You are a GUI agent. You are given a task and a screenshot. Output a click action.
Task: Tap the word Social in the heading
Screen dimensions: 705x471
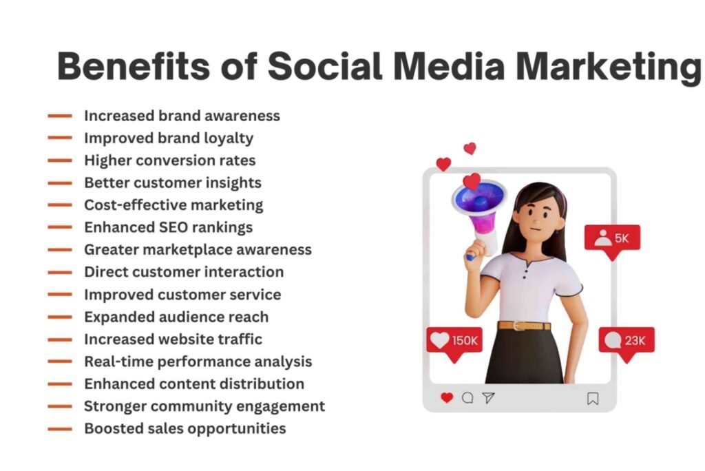coord(324,66)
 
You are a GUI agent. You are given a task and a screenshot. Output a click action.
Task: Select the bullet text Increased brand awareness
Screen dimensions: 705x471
coord(182,116)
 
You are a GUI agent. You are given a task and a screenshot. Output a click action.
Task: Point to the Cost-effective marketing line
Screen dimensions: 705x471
coord(173,205)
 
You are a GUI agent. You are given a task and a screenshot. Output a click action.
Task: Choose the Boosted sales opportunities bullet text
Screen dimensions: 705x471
coord(185,428)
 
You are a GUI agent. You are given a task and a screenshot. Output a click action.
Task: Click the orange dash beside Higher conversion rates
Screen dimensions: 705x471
coord(60,160)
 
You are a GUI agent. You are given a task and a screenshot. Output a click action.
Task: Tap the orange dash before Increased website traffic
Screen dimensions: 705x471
coord(60,339)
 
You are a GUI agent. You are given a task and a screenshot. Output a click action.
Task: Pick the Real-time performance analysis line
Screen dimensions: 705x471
coord(198,362)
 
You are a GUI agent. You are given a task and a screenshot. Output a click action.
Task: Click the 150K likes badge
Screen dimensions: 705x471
coord(454,341)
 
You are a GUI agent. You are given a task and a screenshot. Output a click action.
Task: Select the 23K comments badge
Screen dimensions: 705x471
coord(627,341)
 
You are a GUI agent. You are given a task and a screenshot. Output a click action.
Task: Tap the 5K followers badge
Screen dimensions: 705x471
coord(612,238)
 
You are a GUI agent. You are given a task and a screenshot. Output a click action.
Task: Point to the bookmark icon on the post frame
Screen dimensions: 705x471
coord(593,399)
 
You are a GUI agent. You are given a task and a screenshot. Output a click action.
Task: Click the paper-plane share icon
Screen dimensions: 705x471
coord(488,398)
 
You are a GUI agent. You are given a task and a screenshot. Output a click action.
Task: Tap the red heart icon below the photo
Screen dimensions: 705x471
coord(447,398)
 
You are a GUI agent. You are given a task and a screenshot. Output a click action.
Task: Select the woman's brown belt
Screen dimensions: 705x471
coord(524,325)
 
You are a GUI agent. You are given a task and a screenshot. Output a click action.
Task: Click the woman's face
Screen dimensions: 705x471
coord(537,215)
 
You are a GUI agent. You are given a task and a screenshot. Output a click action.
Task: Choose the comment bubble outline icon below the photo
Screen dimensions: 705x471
coord(467,398)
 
